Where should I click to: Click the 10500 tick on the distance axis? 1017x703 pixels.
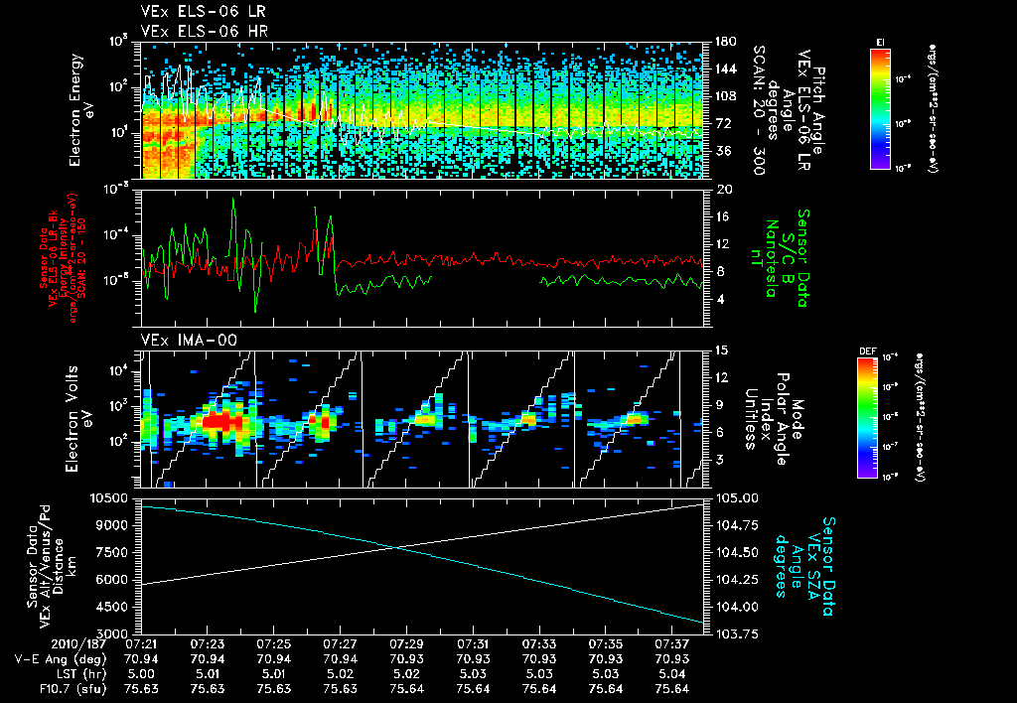pos(113,496)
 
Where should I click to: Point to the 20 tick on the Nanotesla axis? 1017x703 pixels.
pos(724,189)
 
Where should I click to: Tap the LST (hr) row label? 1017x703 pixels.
pos(45,673)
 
